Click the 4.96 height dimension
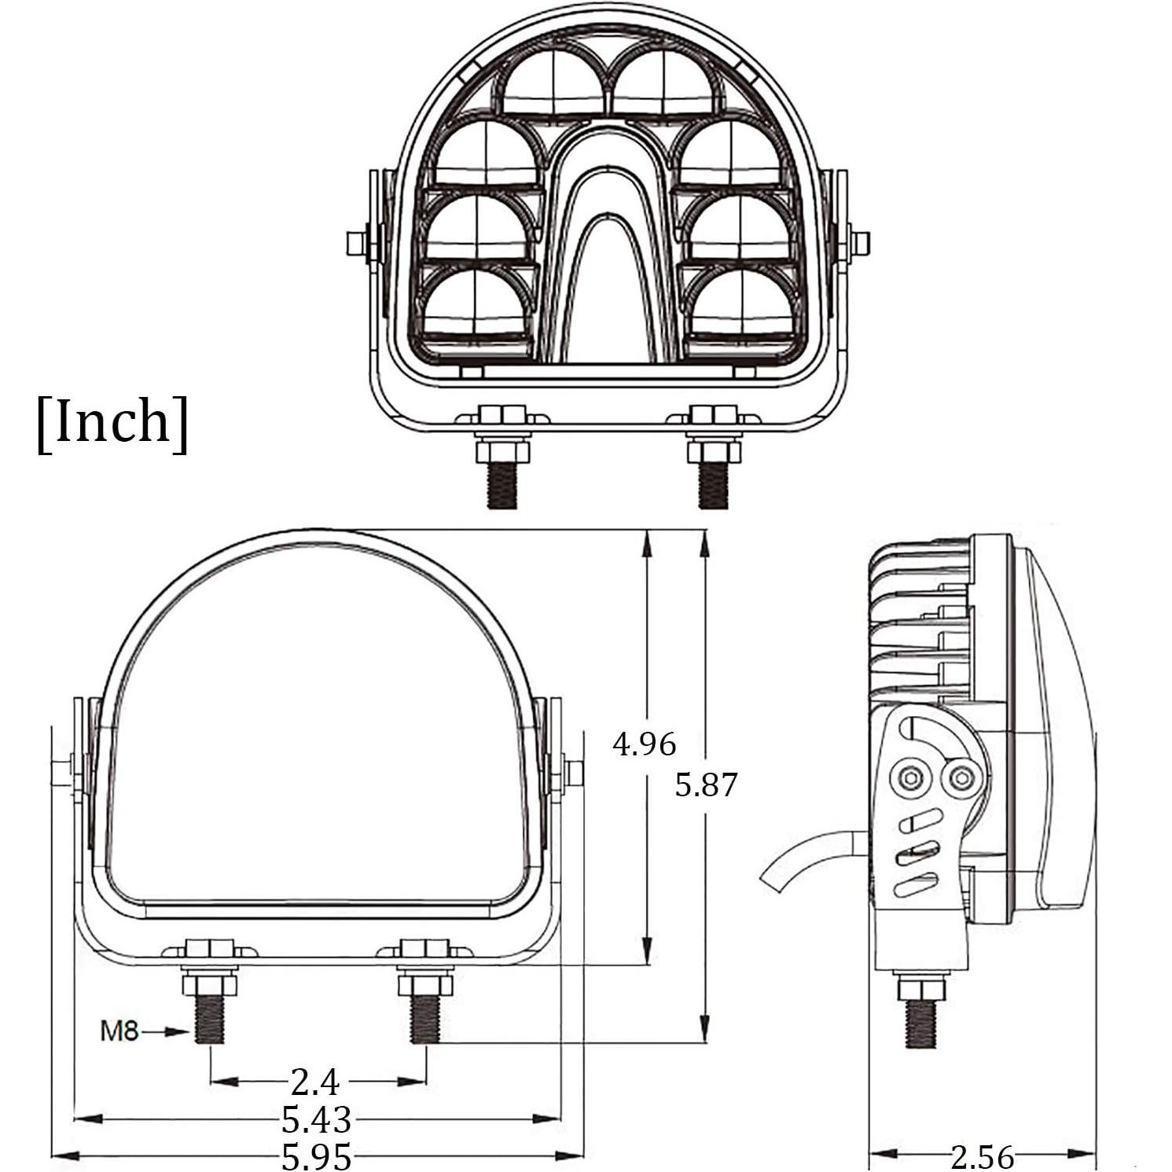coord(644,743)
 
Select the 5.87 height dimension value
coord(707,784)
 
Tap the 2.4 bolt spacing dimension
coord(314,1082)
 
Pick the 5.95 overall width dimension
coord(316,1156)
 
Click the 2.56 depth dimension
coord(982,1156)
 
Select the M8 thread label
coord(119,1031)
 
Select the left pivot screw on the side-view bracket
coord(909,777)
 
